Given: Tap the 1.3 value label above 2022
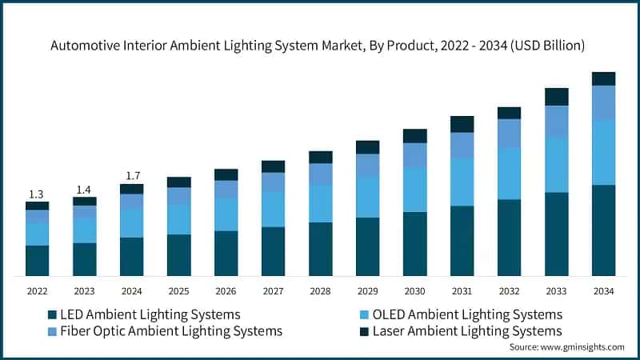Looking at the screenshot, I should coord(37,194).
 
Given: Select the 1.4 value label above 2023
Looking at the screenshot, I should coord(84,189).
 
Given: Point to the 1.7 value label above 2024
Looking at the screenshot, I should coord(131,175).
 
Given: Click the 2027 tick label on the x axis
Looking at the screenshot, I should coord(273,292).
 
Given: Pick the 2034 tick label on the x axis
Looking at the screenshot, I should coord(603,292).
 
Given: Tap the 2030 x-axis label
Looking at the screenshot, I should coord(414,292).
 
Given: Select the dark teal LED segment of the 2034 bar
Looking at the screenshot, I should coord(603,230).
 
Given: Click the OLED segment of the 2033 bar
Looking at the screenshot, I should coord(556,165).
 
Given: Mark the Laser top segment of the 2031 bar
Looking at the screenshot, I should coord(462,124).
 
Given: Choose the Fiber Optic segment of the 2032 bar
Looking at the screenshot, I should coord(509,133).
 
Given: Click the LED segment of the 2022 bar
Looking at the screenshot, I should coord(37,261).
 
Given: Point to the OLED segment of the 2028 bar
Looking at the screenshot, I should coord(320,203).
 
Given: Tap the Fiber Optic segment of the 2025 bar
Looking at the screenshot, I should coord(178,196).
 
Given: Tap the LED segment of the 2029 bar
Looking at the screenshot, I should coord(367,246).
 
